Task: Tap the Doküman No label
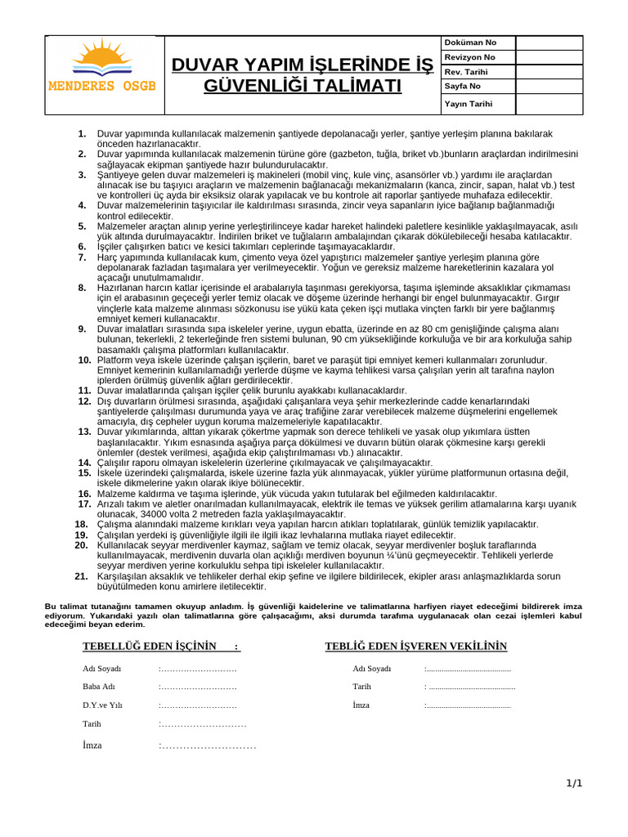(469, 43)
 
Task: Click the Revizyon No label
(469, 57)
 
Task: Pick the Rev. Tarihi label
(466, 71)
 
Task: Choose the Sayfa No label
(463, 86)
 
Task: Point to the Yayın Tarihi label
(469, 105)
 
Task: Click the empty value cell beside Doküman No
(549, 43)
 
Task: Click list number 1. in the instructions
(82, 133)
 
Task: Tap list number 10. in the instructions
(84, 360)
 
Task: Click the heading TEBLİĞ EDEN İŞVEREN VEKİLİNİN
(416, 647)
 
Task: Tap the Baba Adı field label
(99, 687)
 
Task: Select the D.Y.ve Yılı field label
(102, 705)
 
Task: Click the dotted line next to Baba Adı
(198, 687)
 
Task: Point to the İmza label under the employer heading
(361, 705)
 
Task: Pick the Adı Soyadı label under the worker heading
(101, 669)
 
